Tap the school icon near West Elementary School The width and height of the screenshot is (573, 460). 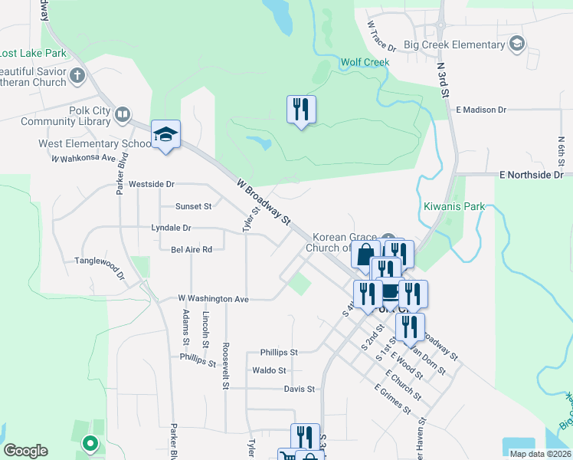(x=165, y=135)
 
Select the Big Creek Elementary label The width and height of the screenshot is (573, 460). (x=457, y=44)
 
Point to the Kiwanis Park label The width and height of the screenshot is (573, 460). (x=454, y=206)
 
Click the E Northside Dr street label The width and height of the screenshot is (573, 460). (x=531, y=175)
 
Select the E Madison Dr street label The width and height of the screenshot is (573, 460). (x=482, y=110)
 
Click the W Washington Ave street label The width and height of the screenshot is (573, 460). (x=214, y=298)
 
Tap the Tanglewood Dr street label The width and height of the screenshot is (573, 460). (x=99, y=261)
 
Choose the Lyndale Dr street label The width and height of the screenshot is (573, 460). (x=171, y=228)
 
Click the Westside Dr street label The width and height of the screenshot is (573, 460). (x=152, y=184)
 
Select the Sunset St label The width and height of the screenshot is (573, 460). (x=193, y=206)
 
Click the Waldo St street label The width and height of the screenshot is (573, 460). (x=269, y=370)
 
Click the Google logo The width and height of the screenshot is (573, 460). (x=25, y=451)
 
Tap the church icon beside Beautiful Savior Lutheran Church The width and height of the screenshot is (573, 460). (x=77, y=75)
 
